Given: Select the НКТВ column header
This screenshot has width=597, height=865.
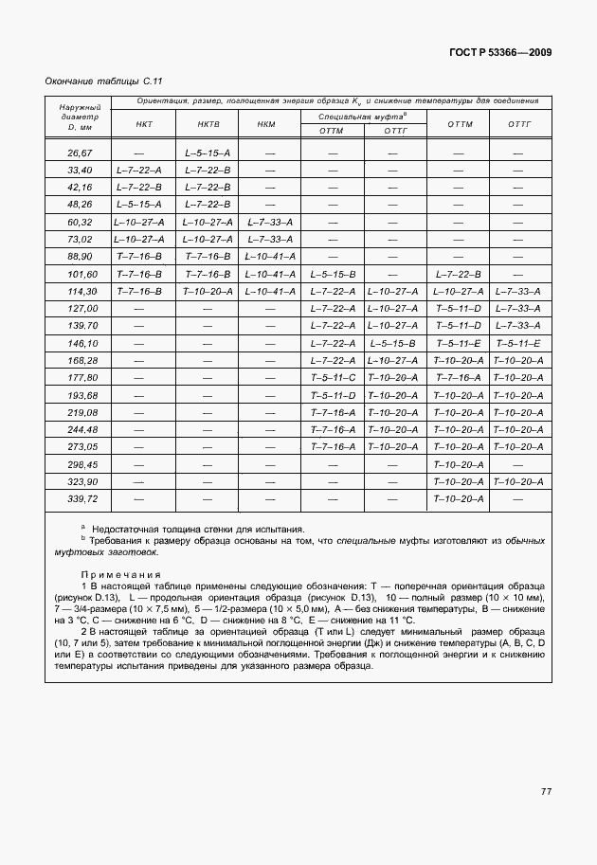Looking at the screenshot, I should coord(208,124).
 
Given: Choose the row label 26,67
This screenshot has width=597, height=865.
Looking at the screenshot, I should coord(80,153).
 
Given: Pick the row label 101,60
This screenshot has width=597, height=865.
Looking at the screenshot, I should coord(80,274).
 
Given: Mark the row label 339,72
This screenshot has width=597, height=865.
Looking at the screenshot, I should coord(80,498).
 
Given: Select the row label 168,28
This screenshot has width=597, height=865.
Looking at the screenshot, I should coord(80,360).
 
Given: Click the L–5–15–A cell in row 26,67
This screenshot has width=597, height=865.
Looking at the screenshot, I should coord(208,153).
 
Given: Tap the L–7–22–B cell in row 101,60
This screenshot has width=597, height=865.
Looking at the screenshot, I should coord(459,274).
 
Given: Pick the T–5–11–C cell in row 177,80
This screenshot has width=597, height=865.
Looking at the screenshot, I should coord(333,377).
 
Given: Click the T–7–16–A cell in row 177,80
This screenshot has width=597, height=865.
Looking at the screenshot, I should coord(459,377).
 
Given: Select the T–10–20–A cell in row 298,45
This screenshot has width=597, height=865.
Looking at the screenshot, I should coord(459,464).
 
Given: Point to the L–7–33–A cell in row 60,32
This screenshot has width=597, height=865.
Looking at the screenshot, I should coord(269,222).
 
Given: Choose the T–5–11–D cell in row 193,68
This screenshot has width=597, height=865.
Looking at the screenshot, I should coord(333,394).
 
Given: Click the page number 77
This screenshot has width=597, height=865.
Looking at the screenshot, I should coord(546,791).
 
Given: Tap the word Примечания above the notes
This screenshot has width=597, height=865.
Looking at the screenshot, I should coord(120,574).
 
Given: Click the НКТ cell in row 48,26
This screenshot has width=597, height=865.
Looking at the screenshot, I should coord(138,205).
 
